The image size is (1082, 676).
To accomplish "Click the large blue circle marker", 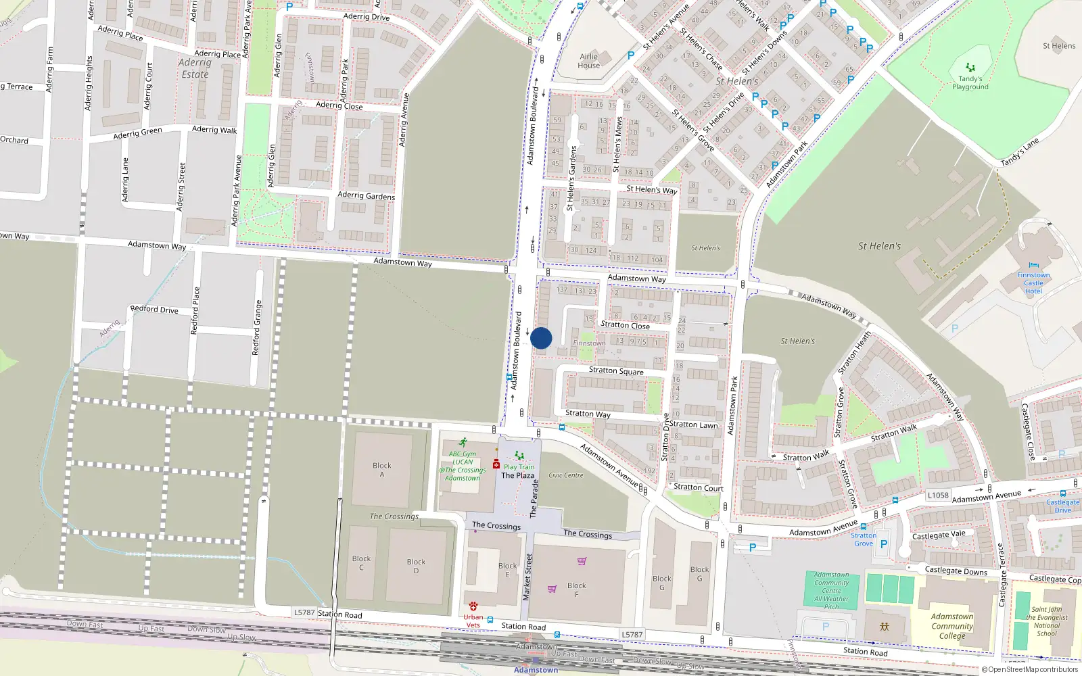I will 541,338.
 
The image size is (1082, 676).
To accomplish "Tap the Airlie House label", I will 588,61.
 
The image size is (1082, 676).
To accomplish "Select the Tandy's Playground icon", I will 970,68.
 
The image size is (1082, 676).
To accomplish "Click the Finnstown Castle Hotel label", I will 1033,283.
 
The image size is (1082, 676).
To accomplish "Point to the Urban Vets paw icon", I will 473,606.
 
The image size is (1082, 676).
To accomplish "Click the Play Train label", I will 519,467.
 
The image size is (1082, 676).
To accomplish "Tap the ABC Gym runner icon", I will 463,443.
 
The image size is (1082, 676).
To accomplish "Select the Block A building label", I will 381,470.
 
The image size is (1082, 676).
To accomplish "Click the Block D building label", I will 416,566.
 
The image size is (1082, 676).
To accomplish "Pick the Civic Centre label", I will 565,475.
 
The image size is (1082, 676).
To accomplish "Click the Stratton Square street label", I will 616,370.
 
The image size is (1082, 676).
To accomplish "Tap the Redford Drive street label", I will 154,309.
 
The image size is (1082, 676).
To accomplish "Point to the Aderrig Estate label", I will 195,68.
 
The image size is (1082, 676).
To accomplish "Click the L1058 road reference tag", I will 938,496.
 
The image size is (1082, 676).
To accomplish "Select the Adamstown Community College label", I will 952,626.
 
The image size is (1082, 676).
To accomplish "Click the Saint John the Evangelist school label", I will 1046,621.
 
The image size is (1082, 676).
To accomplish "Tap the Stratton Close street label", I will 625,325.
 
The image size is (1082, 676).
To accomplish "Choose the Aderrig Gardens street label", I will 366,195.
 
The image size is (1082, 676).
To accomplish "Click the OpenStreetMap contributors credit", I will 1029,670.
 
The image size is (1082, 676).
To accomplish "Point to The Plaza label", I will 517,475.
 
